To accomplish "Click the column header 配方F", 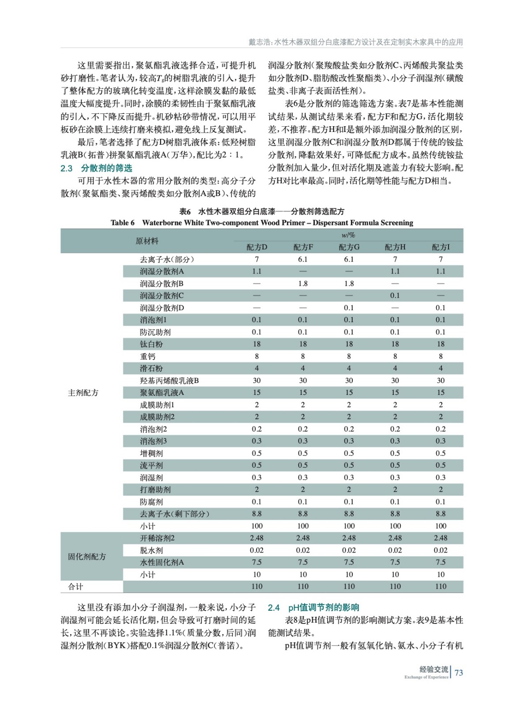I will [x=303, y=247].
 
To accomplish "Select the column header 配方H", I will [x=395, y=247].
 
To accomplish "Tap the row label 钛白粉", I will [x=151, y=344].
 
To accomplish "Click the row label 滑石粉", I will [x=151, y=368].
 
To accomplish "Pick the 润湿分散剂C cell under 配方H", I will [x=395, y=296].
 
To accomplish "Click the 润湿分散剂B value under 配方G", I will [x=349, y=284].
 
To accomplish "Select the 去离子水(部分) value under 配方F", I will [x=303, y=259].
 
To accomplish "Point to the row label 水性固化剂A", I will [x=162, y=563].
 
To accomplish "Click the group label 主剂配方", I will [x=83, y=393].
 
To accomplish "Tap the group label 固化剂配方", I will [x=87, y=557].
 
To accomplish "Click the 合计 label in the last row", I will [x=75, y=587].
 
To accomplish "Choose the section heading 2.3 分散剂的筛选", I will [x=96, y=168].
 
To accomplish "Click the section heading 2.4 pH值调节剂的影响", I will [x=313, y=608].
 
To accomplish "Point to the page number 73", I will [x=459, y=673].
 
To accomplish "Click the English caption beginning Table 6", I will [x=262, y=223].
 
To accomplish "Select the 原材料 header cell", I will [x=147, y=241].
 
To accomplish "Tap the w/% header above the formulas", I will [x=348, y=235].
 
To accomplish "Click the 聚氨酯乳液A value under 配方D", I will [x=256, y=393].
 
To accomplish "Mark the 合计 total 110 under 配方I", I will [x=441, y=587].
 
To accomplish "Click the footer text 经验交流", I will [x=434, y=669].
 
